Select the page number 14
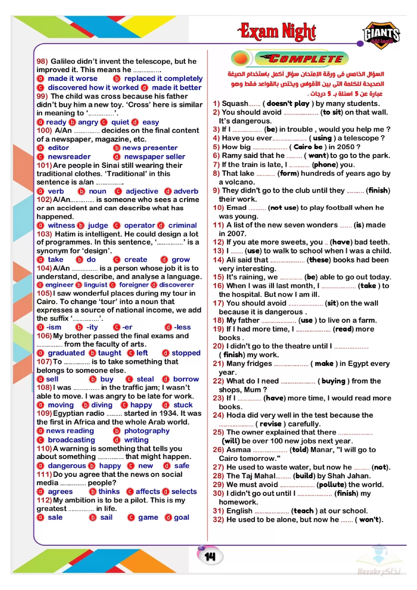(210, 557)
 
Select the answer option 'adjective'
(142, 191)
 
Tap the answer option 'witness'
(61, 225)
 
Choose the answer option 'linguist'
(95, 285)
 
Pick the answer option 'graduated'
(66, 353)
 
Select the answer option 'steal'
(145, 379)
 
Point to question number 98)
(42, 61)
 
